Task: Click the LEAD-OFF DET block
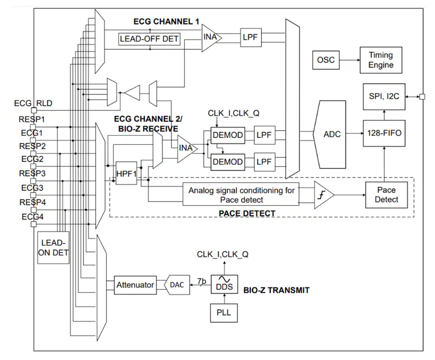149,39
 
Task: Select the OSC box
326,60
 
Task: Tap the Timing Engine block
381,60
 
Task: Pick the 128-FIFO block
384,134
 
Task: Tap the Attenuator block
135,285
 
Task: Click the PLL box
224,312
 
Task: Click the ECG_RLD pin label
33,103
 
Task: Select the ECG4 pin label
32,216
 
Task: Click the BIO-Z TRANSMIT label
276,290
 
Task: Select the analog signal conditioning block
241,195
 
